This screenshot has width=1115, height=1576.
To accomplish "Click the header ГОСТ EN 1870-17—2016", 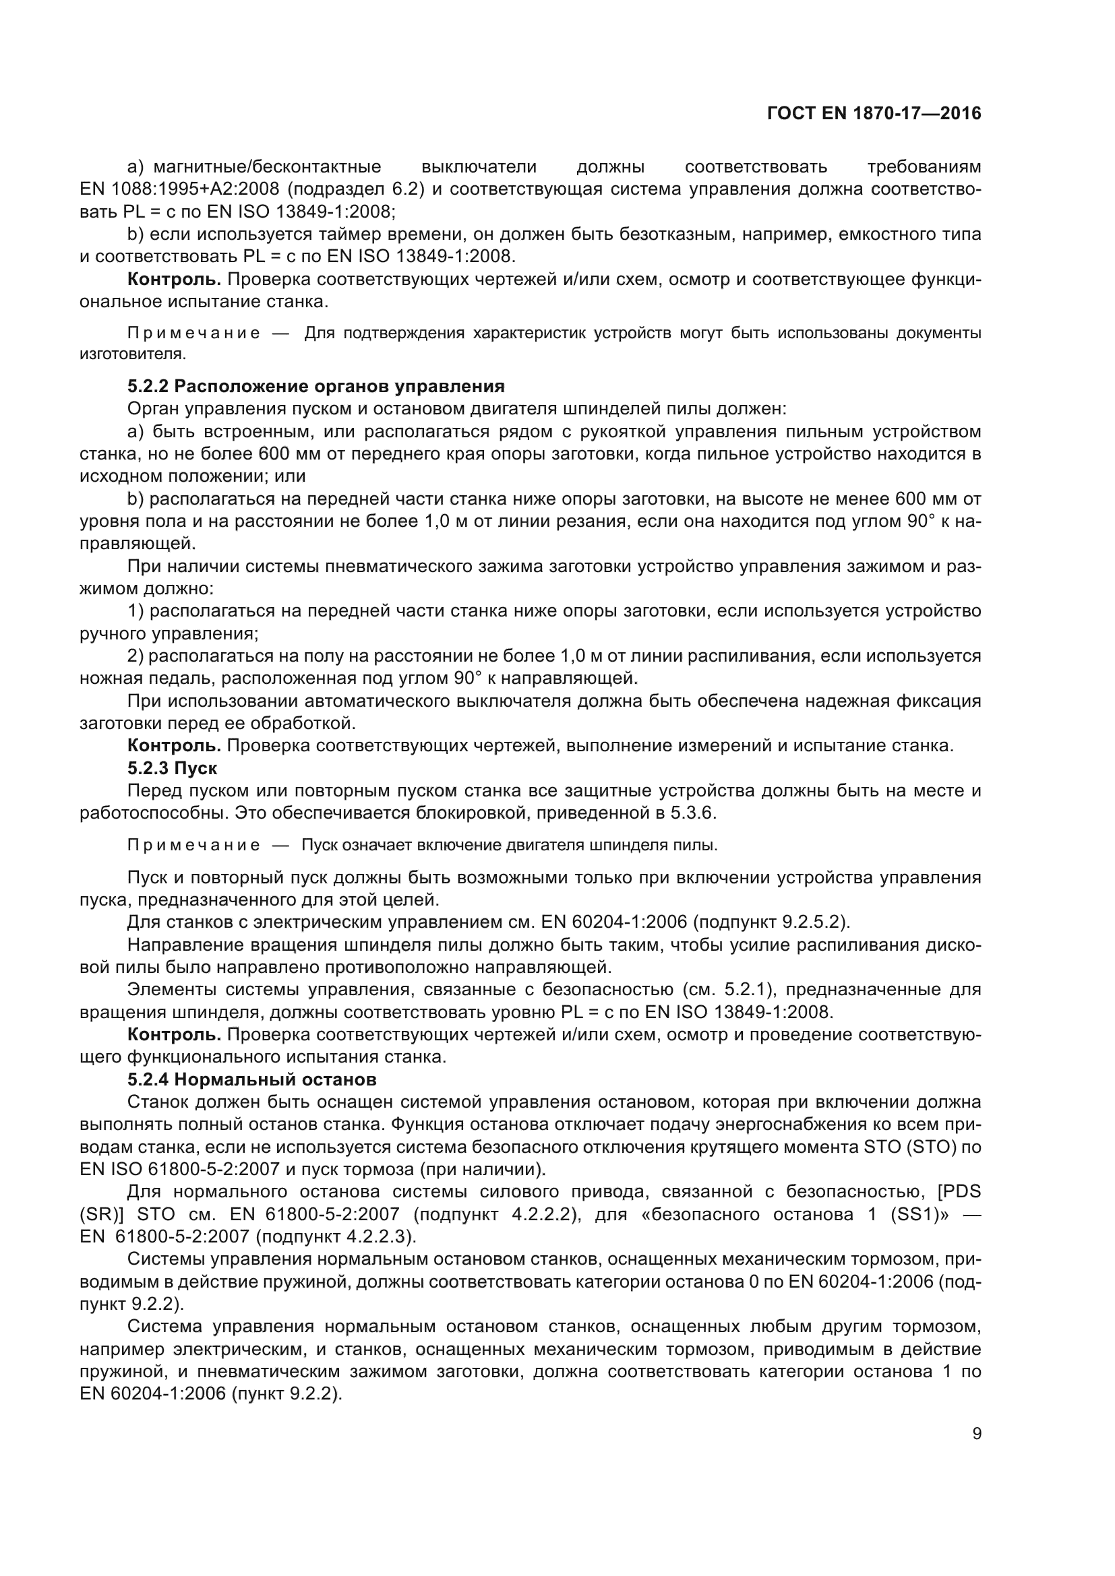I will click(x=873, y=114).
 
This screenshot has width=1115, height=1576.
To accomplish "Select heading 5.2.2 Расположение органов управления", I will click(x=315, y=387).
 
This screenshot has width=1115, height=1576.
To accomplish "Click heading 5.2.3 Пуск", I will click(x=173, y=768).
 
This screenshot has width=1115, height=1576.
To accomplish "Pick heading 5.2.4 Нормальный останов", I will click(x=252, y=1079).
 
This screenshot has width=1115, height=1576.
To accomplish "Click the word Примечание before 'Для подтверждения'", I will click(x=193, y=334).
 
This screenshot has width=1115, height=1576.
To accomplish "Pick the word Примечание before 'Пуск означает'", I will click(x=193, y=845).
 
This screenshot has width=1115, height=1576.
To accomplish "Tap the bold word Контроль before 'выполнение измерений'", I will click(x=174, y=745).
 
